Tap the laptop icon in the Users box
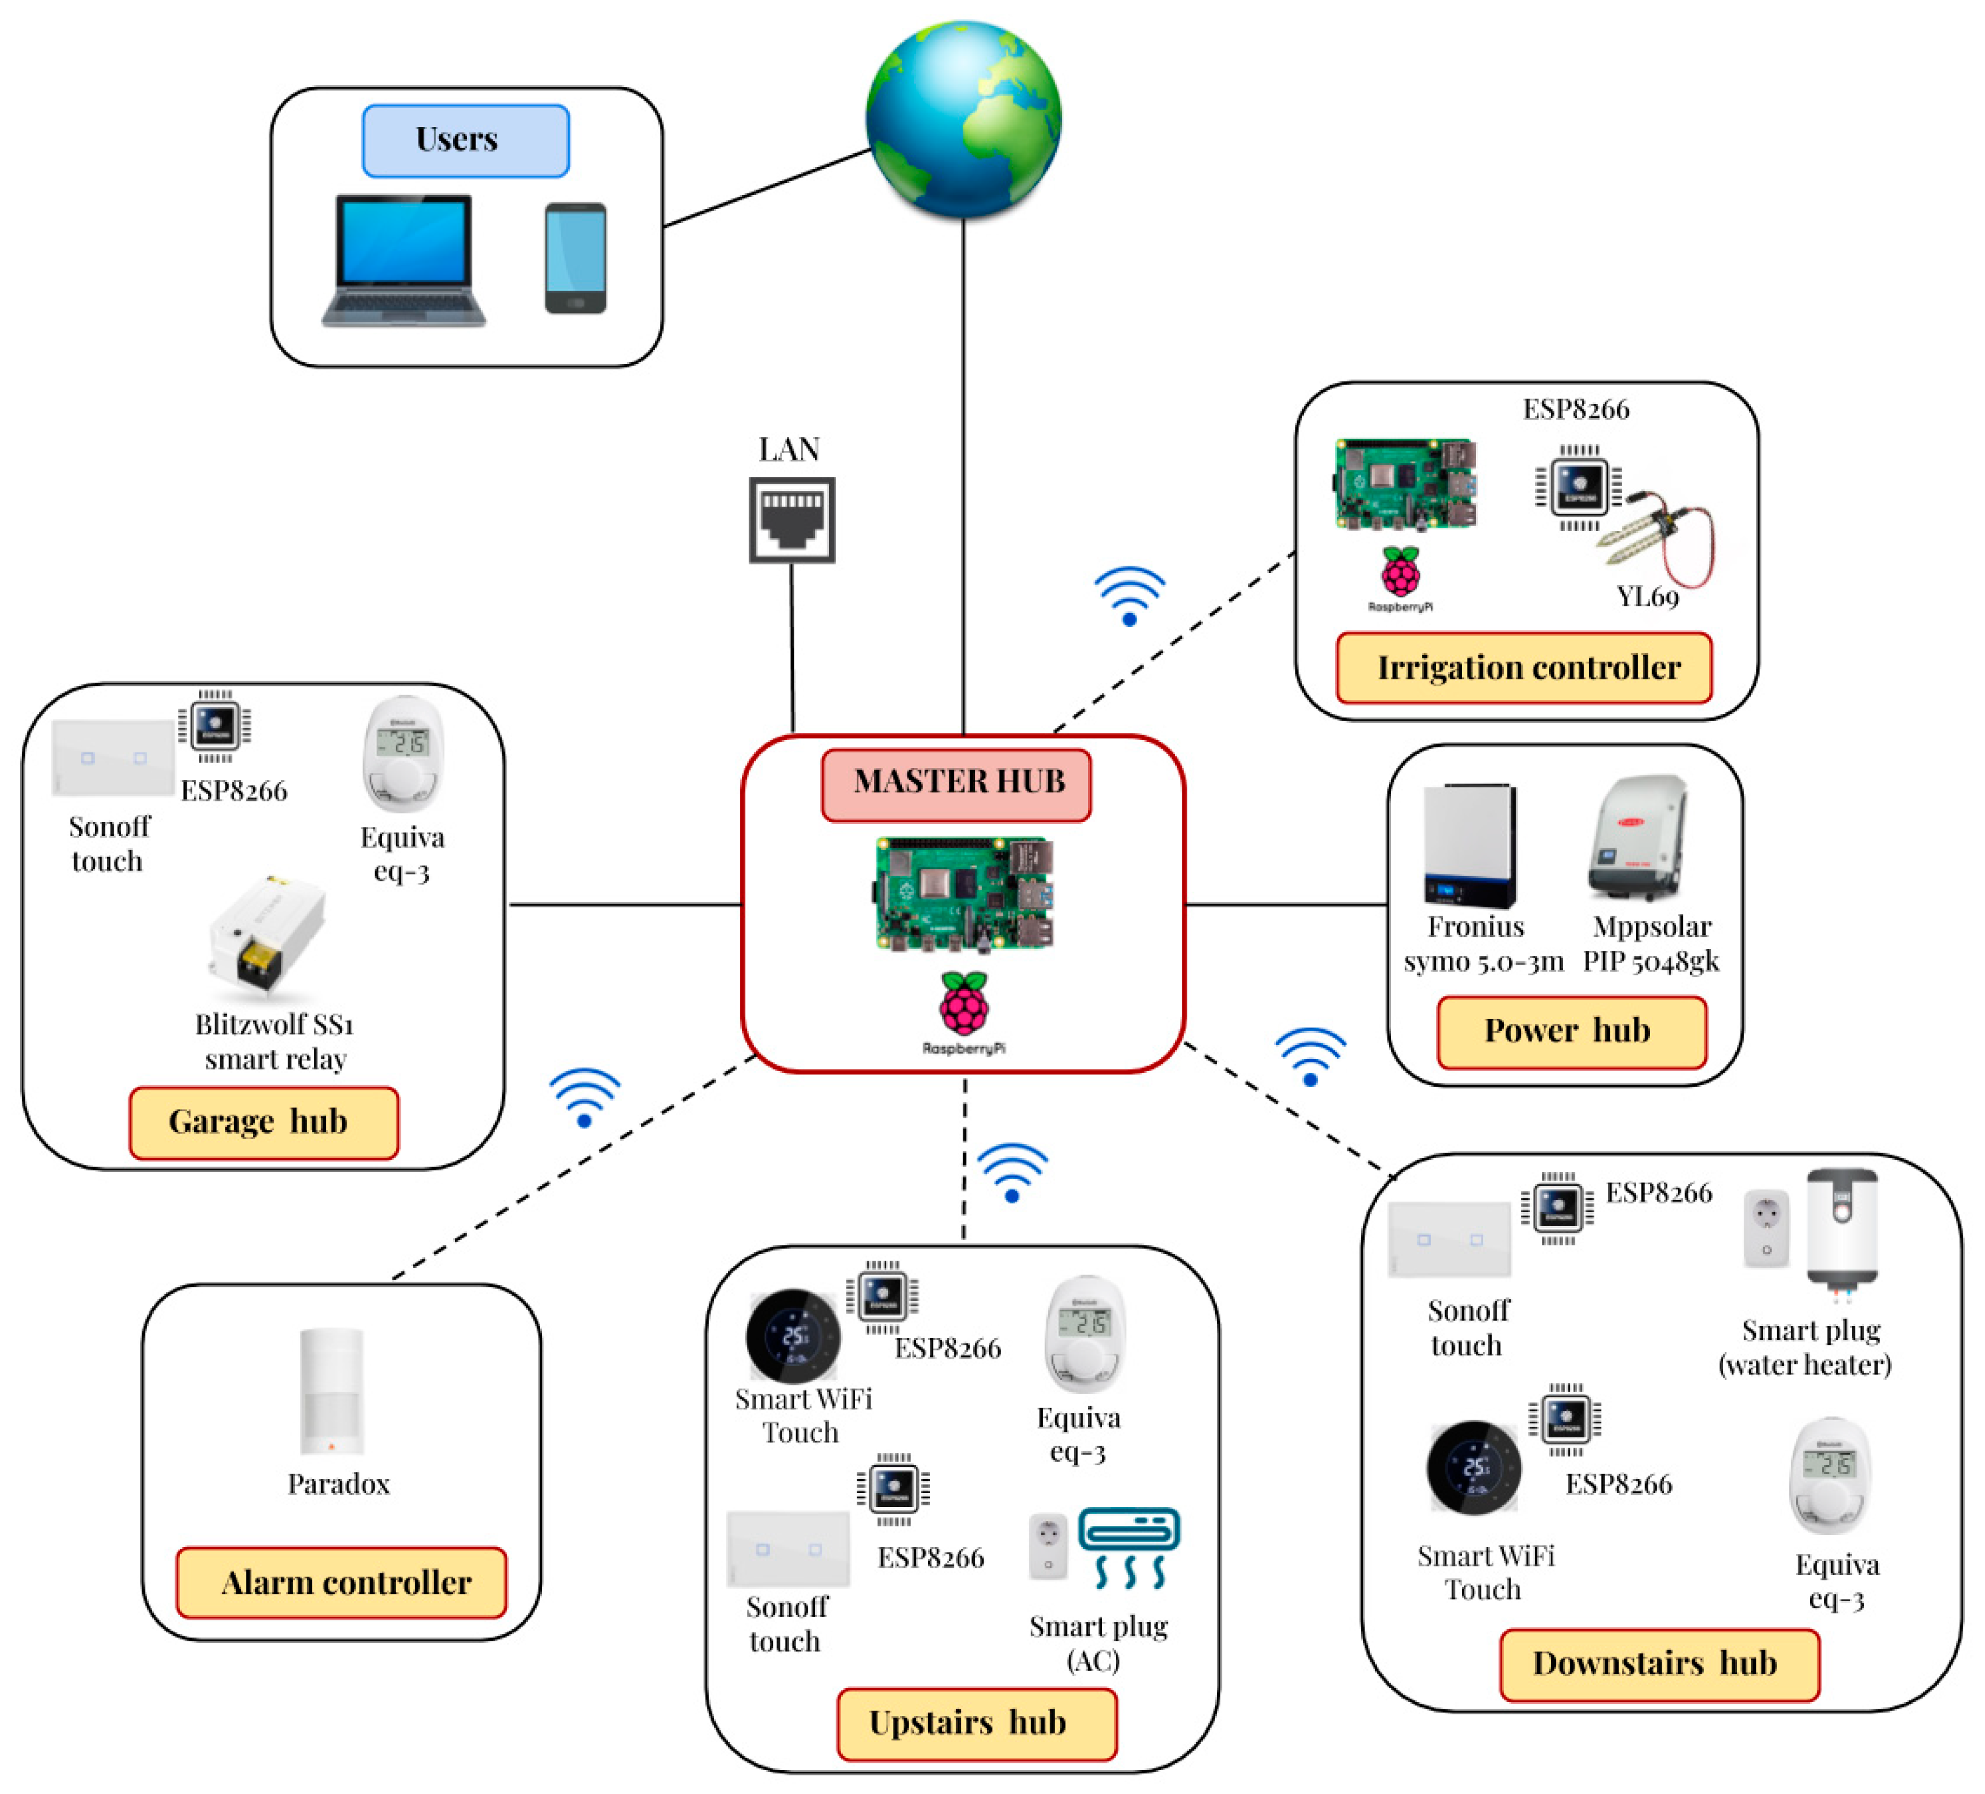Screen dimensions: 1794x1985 404,261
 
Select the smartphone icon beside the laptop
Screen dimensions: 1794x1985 576,258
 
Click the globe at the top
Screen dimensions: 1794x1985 963,118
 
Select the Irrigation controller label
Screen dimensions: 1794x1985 1524,668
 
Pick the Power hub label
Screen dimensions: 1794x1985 1571,1031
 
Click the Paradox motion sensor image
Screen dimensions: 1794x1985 332,1391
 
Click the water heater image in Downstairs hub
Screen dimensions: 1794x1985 1841,1231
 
